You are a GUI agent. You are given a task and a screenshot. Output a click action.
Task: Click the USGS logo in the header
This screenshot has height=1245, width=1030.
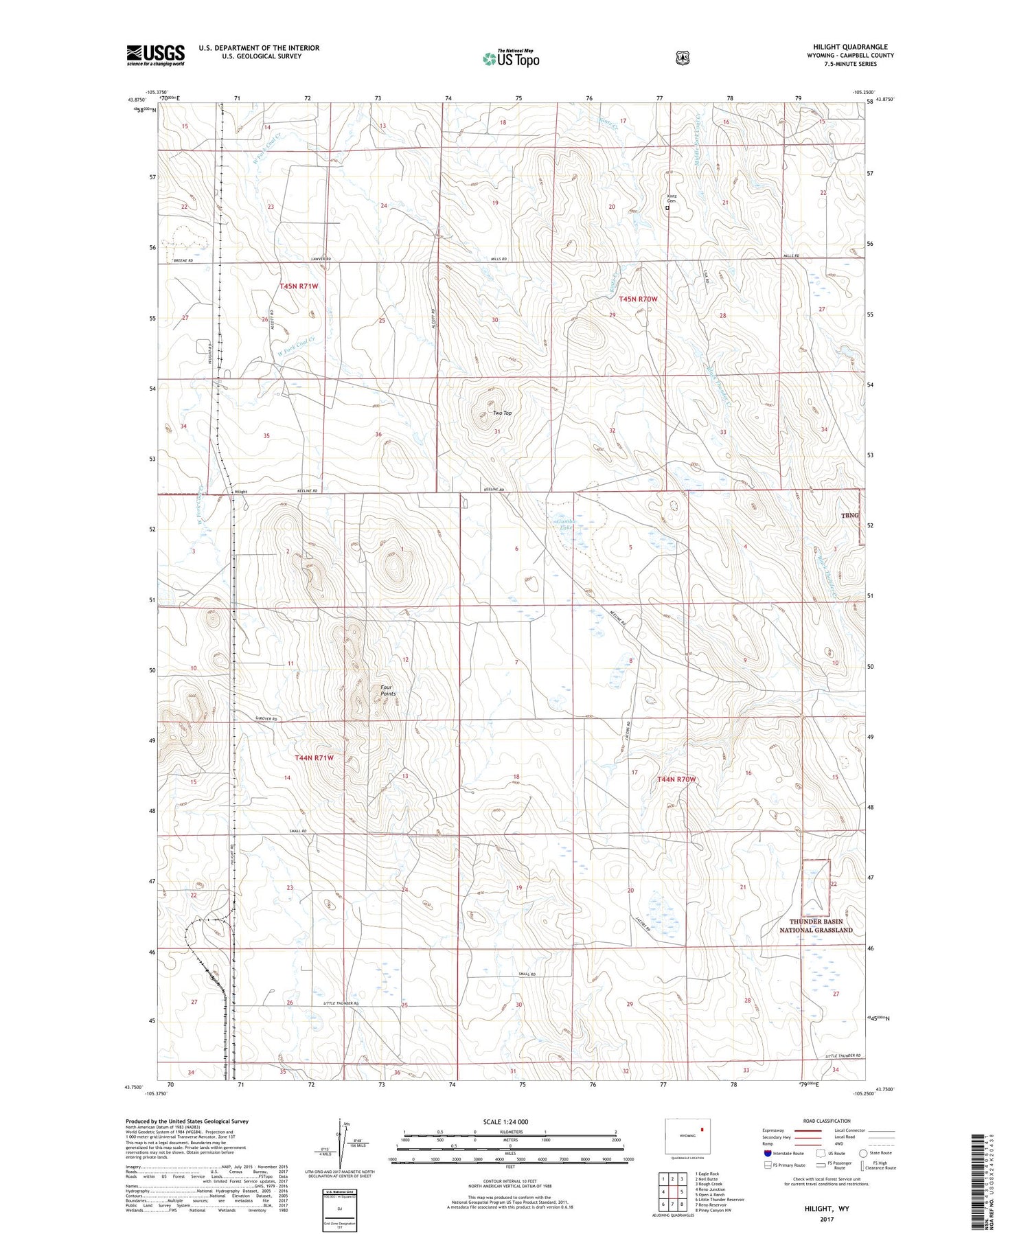click(x=155, y=55)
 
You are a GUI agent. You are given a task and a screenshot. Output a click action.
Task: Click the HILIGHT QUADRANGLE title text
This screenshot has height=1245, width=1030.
click(x=849, y=47)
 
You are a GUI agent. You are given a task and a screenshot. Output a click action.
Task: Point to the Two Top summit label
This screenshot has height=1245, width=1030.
click(x=502, y=413)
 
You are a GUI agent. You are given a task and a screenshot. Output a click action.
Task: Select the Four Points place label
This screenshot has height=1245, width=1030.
click(x=388, y=690)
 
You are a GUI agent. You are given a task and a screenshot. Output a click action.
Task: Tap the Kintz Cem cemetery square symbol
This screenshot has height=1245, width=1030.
click(x=667, y=207)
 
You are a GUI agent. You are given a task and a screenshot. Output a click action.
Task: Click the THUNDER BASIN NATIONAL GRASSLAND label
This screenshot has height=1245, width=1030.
click(x=815, y=926)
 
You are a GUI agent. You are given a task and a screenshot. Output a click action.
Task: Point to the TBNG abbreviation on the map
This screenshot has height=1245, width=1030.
click(x=849, y=515)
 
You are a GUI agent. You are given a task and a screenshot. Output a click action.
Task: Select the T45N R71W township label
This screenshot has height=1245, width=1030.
click(x=299, y=286)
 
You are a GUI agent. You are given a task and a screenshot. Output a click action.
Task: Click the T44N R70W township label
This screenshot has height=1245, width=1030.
click(x=676, y=779)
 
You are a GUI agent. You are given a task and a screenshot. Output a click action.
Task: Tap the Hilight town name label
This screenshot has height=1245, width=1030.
click(x=240, y=492)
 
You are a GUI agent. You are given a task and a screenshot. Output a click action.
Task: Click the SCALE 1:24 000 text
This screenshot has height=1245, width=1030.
click(x=505, y=1121)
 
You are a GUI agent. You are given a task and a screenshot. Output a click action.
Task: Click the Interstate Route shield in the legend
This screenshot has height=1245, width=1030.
click(x=767, y=1153)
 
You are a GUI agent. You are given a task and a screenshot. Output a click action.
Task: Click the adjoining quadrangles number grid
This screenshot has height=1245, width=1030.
click(x=672, y=1191)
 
